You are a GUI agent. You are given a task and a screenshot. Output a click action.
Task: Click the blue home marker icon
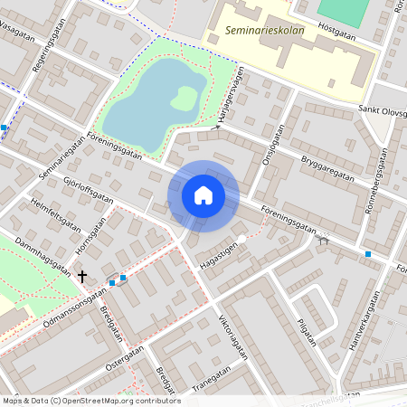pos(203,195)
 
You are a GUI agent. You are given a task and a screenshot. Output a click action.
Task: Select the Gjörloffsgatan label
pos(89,189)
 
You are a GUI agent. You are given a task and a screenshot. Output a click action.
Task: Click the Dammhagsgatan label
pos(43,255)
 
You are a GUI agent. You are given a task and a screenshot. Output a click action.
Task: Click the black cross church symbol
pos(82,277)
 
